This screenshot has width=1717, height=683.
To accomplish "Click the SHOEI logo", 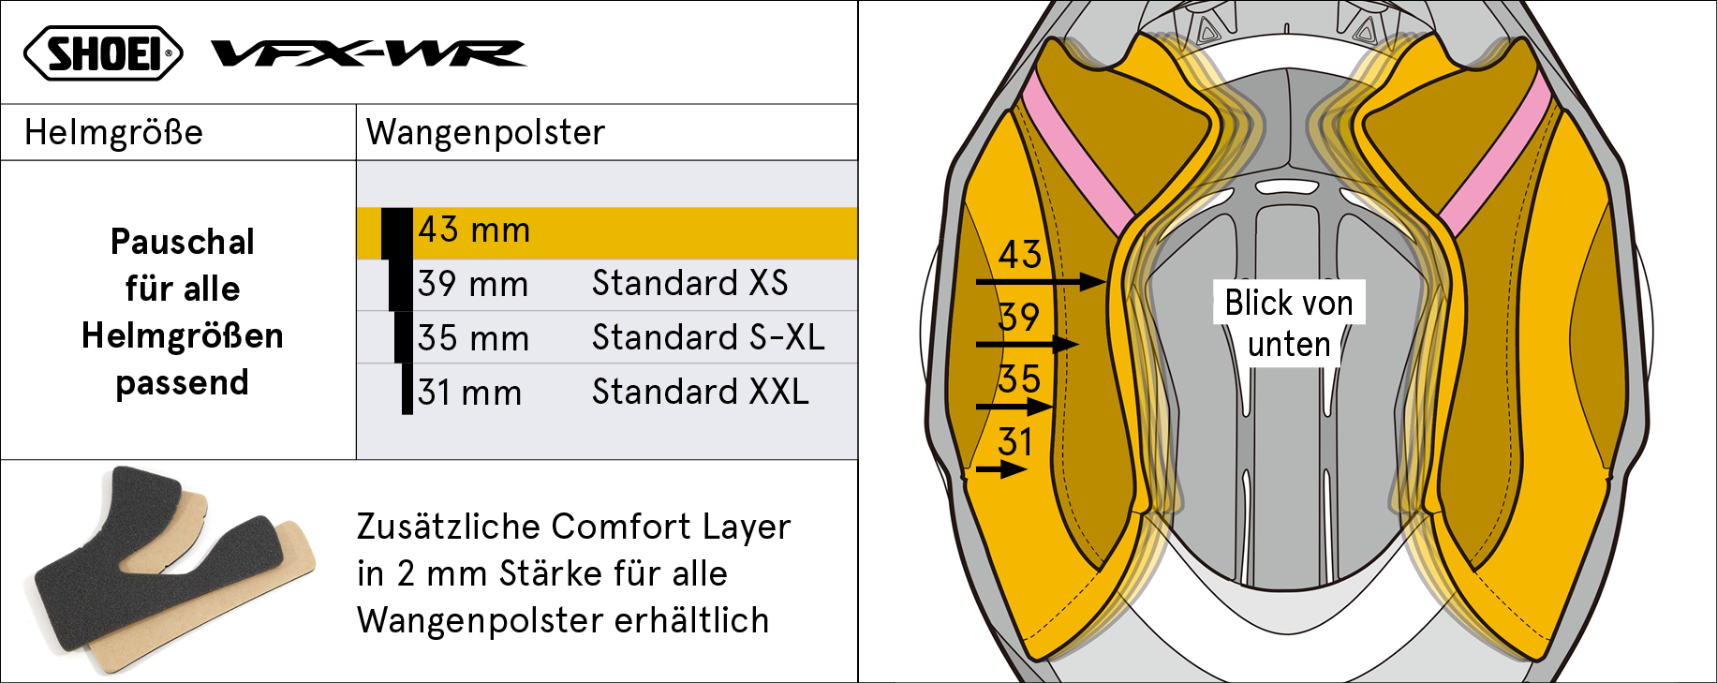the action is coord(103,53).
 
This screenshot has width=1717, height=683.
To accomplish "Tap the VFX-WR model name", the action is coord(369,53).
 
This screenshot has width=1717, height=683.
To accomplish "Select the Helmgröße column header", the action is coord(113,132).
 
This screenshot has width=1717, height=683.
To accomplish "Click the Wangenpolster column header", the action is coord(485,132).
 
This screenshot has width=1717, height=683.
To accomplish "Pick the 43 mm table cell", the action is coord(474,230).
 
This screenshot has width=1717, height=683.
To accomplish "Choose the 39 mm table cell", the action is coord(473,284).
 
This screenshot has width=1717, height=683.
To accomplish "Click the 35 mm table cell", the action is coord(473,338).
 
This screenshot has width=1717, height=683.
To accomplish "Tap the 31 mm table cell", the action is coord(469,393).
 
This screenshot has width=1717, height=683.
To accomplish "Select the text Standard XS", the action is coord(689,283).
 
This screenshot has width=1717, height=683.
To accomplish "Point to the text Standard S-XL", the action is coord(708,337).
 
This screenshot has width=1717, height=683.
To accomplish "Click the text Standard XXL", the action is coord(700,392).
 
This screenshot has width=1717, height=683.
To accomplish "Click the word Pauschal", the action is coord(183,242).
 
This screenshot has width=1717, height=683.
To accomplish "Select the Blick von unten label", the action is coord(1289,323).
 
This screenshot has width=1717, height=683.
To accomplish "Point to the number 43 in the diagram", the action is coord(1020,254).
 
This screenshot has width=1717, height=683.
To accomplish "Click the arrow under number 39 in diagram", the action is coord(1028,344).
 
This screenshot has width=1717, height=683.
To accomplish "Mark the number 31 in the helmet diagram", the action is coord(1014,441).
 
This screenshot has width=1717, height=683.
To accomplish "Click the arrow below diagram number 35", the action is coord(1014,407).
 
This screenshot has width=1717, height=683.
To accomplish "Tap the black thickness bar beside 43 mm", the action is coord(397,233).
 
